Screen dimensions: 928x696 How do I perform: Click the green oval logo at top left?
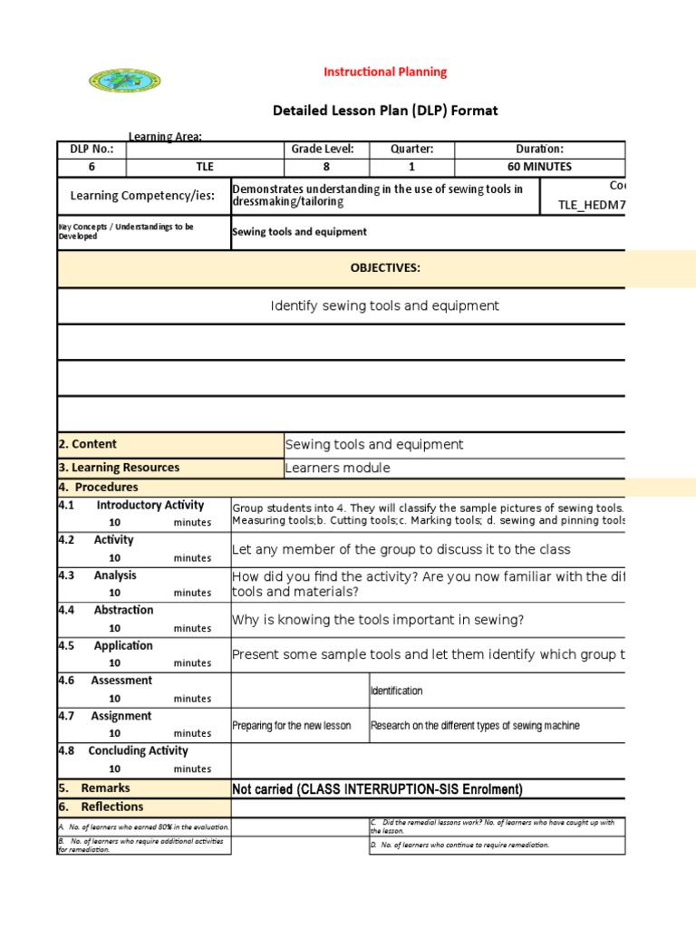click(125, 81)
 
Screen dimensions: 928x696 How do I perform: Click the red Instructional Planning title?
click(386, 72)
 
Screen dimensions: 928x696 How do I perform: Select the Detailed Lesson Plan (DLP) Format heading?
click(385, 111)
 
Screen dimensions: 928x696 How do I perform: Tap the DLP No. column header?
click(92, 150)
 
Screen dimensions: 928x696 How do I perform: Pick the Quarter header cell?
click(411, 150)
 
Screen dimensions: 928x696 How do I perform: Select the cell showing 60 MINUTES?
click(539, 167)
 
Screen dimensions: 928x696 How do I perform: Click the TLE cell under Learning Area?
click(205, 167)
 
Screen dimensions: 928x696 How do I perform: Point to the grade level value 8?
click(326, 167)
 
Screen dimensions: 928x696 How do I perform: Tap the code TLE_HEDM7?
click(591, 205)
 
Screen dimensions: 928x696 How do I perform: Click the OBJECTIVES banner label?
click(385, 268)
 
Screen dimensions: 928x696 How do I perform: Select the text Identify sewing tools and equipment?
click(385, 306)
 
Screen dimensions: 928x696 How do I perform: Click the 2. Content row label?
click(88, 444)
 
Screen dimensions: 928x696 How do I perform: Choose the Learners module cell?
click(338, 468)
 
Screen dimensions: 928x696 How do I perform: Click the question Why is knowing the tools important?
click(378, 620)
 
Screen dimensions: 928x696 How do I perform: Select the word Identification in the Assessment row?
click(397, 691)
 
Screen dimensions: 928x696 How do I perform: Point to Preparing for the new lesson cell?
click(292, 726)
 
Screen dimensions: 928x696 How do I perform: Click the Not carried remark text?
click(378, 789)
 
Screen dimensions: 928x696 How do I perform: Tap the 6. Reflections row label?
click(101, 807)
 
